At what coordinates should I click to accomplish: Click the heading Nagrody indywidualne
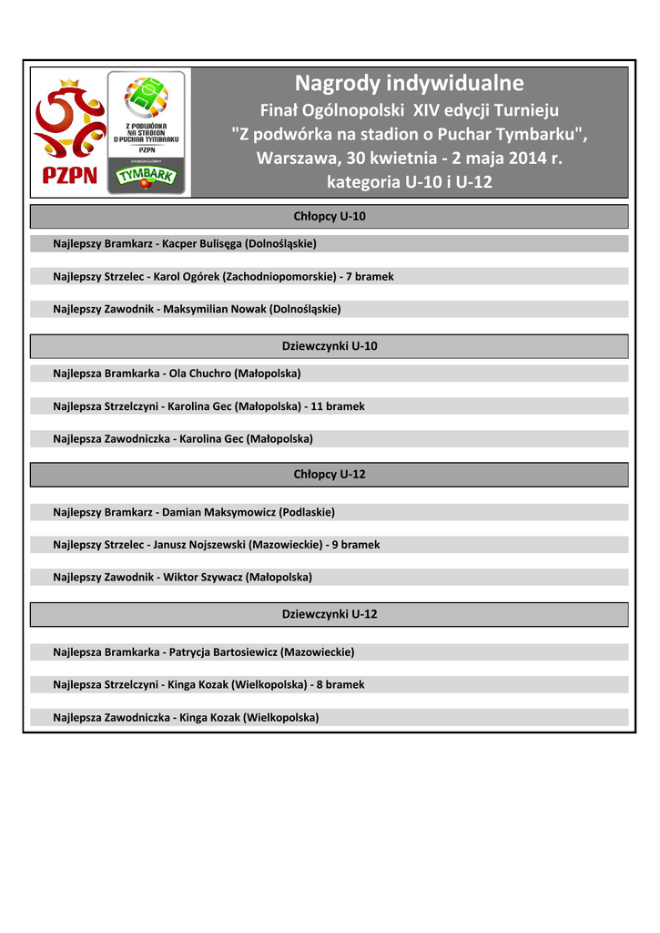tap(409, 84)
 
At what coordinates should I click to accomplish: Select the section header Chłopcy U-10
tap(330, 217)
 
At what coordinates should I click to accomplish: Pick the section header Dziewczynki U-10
tap(330, 346)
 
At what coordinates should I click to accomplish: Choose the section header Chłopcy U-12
tap(330, 475)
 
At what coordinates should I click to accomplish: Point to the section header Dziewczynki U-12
tap(330, 614)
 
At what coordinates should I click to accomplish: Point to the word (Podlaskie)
tap(307, 512)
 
